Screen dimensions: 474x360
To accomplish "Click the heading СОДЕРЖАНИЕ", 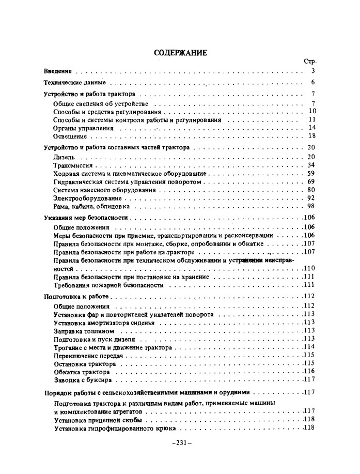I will coord(180,52).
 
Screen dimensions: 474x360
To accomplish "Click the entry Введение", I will coord(57,71).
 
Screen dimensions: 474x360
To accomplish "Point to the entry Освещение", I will coord(70,136).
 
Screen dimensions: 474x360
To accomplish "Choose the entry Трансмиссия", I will coord(73,165).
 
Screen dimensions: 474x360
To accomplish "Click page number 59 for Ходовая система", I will coord(311,174).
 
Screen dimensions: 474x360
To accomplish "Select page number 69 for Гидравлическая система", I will coord(311,182).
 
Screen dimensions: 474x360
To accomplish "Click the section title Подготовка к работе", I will coord(77,297).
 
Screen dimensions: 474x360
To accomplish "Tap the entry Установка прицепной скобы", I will coord(91,420).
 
